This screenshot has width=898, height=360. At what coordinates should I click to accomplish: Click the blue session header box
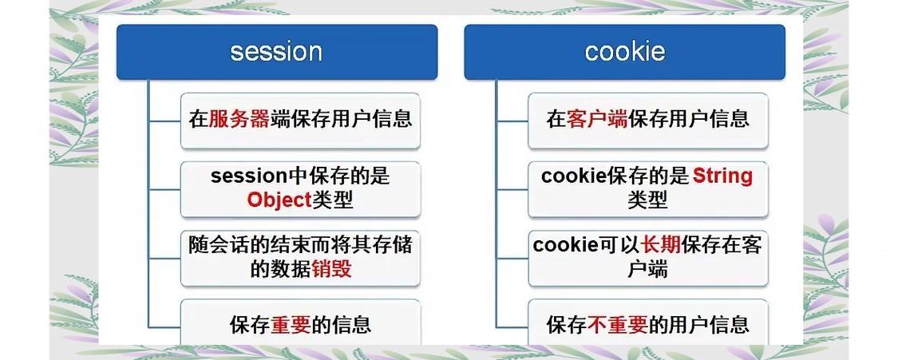point(276,52)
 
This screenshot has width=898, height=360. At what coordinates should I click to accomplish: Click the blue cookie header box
point(624,52)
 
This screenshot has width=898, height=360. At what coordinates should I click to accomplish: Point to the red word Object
point(278,200)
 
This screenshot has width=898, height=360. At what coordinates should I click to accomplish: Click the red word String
point(722,176)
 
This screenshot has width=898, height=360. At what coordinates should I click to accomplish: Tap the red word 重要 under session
point(290,325)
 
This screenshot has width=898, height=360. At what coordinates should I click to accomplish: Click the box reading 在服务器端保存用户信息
point(300,121)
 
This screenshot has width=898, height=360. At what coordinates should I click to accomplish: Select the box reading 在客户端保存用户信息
point(647,121)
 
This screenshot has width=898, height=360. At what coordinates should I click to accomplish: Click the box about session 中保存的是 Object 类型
point(300,189)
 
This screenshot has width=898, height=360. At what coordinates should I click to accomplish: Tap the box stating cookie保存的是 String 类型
point(647,189)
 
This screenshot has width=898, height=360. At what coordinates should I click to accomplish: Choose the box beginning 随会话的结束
point(300,258)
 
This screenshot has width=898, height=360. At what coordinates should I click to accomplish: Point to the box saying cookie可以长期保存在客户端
point(647,258)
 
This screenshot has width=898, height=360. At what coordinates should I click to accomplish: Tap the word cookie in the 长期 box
point(565,245)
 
